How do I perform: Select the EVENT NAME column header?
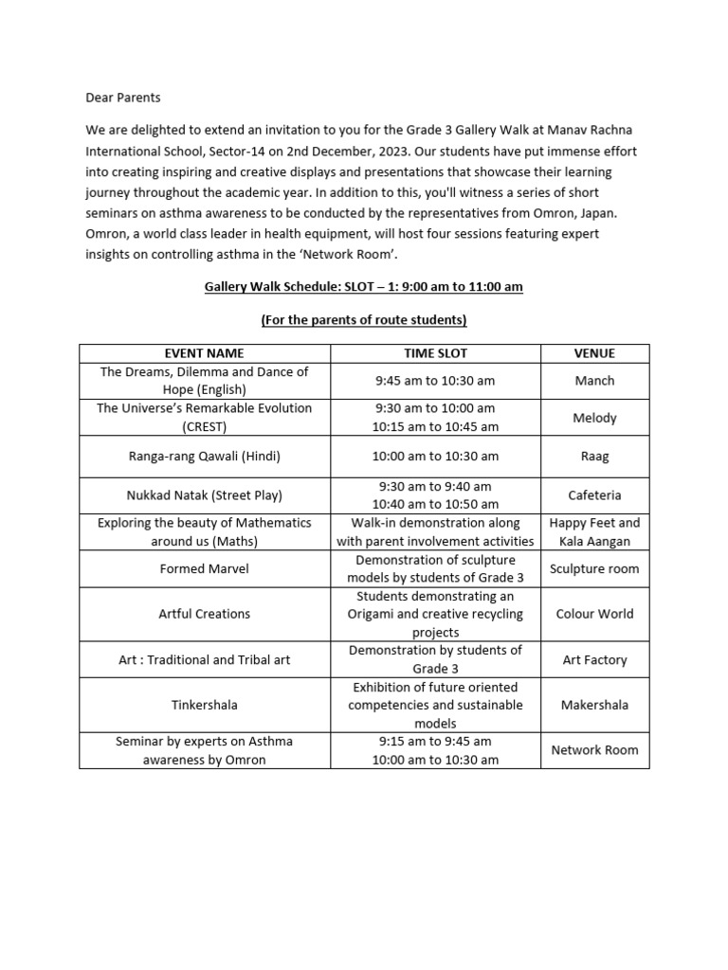[x=204, y=353]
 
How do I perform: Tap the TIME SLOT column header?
[x=435, y=353]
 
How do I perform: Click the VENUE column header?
[x=594, y=353]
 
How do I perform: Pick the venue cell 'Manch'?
[x=594, y=381]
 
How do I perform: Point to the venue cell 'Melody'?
[x=594, y=418]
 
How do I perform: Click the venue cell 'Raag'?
[x=594, y=456]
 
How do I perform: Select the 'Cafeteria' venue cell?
[x=594, y=494]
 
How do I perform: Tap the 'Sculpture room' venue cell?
[x=594, y=569]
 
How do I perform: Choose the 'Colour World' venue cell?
[x=594, y=614]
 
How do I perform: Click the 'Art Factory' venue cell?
[x=594, y=660]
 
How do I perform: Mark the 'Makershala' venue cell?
[x=594, y=705]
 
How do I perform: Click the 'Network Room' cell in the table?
[x=594, y=750]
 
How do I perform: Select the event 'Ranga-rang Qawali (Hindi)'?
[x=204, y=456]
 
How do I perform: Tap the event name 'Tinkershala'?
[x=204, y=705]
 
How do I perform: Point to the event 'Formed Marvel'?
[x=204, y=569]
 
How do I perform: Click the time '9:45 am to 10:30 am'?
[x=435, y=381]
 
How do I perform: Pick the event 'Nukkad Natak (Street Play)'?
[x=204, y=494]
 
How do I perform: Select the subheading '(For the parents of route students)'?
[x=364, y=320]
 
